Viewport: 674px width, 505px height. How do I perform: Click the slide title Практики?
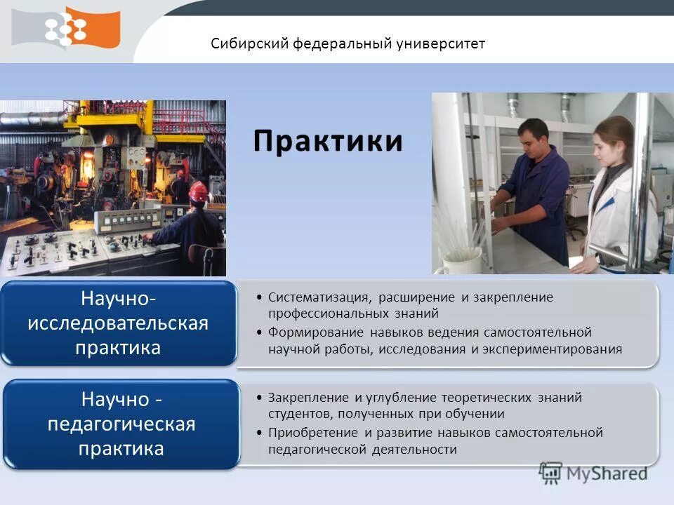click(328, 141)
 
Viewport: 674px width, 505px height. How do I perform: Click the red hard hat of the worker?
click(199, 190)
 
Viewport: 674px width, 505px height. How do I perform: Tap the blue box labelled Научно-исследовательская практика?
click(118, 323)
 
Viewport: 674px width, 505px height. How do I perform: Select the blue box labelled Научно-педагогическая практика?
click(121, 424)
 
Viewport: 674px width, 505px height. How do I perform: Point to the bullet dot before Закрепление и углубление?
click(260, 398)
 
